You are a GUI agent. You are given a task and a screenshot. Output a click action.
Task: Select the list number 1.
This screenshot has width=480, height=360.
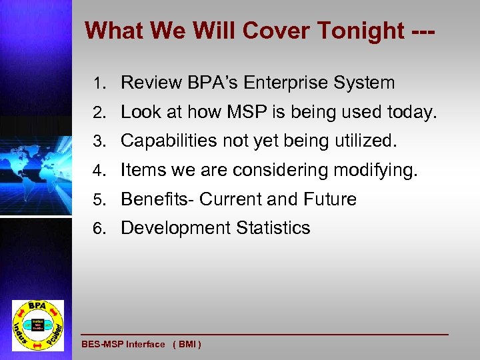[x=99, y=83]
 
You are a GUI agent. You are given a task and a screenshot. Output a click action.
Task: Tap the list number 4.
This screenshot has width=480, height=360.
[x=99, y=171]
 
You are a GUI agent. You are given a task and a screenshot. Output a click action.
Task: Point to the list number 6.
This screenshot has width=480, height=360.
[x=99, y=229]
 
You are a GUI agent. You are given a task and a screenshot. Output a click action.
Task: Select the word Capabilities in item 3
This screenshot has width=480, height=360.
[x=168, y=141]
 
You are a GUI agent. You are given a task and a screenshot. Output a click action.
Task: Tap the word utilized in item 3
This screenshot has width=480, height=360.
[x=364, y=141]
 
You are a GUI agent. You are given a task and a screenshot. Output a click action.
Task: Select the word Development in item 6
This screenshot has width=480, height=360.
[x=175, y=228]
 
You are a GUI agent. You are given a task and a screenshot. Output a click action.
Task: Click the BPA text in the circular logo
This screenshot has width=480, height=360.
[x=38, y=306]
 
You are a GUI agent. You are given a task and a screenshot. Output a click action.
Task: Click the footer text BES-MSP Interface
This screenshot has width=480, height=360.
[x=123, y=344]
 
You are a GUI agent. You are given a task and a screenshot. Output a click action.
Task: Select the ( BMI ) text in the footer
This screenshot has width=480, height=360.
[x=187, y=344]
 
